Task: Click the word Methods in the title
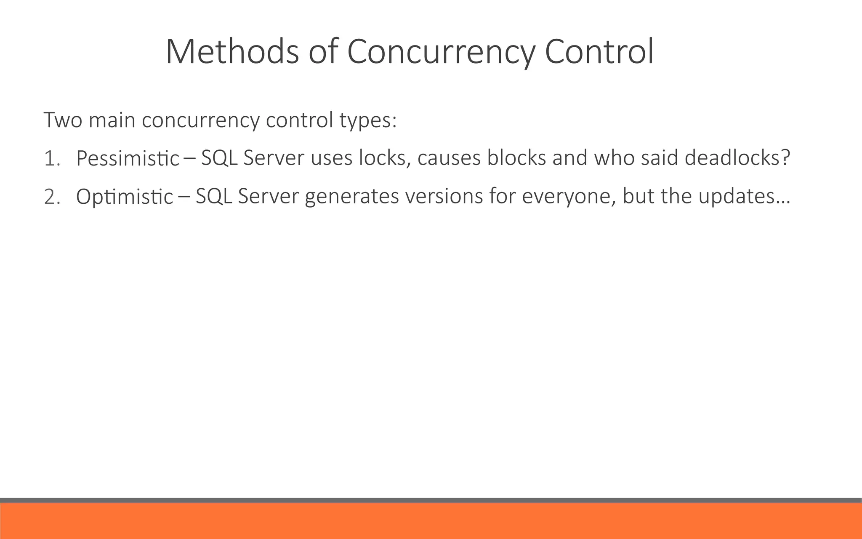[232, 52]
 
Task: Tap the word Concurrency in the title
[441, 52]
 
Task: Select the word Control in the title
[599, 52]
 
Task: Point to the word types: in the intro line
[368, 121]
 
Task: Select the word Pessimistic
[128, 159]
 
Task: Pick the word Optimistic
[125, 197]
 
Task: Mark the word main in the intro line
[112, 120]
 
